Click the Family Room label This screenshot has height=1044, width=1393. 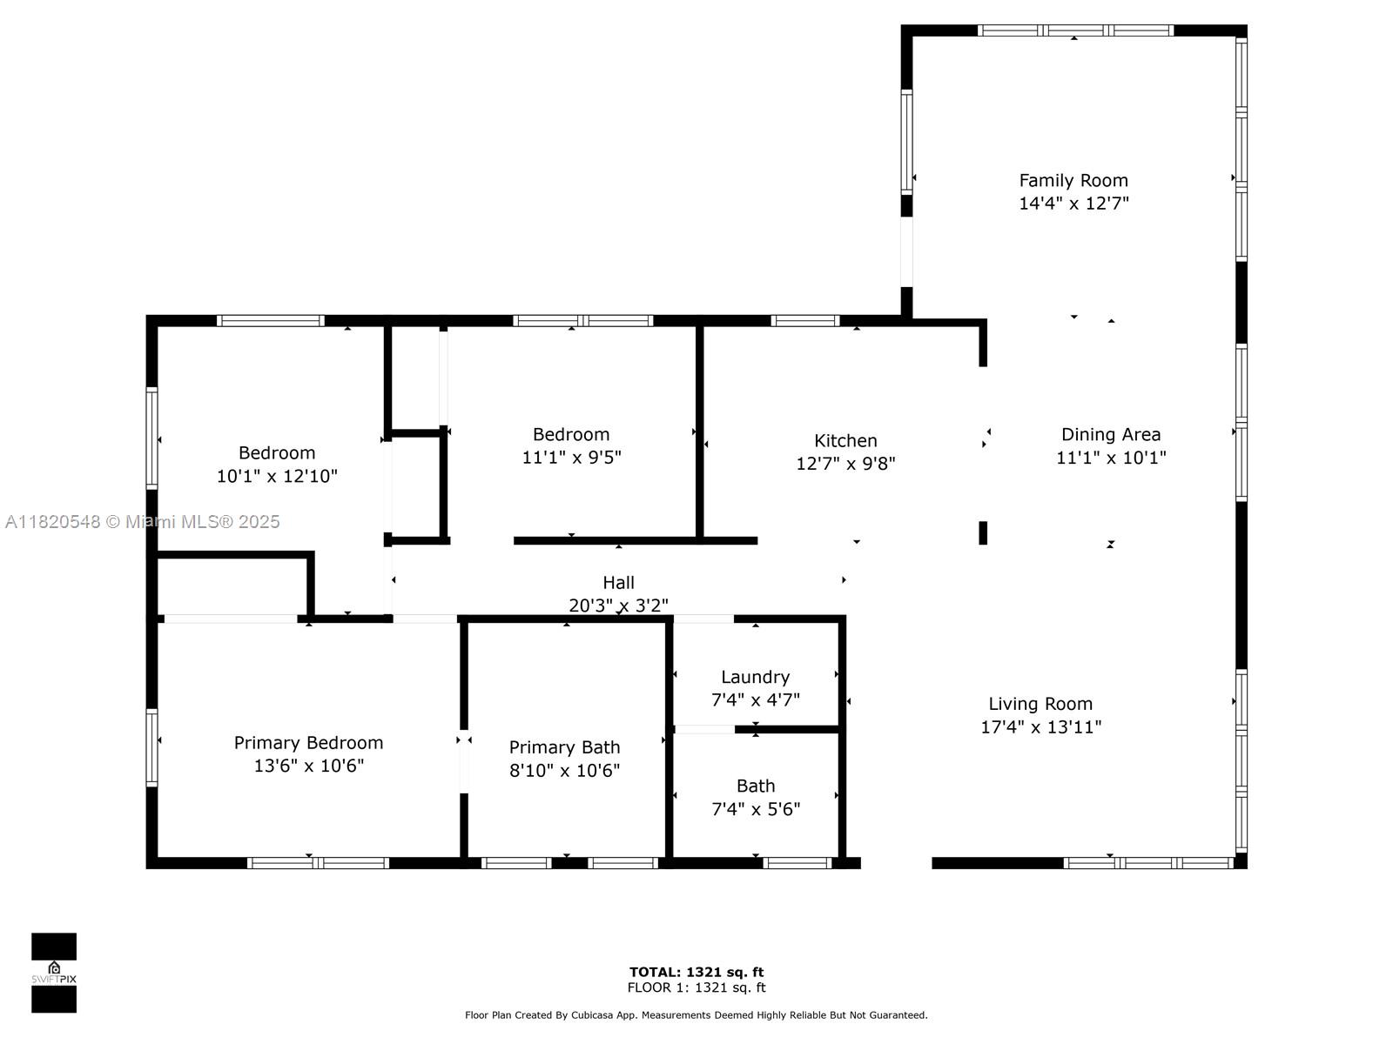pyautogui.click(x=1073, y=180)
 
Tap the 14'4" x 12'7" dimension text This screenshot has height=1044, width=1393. pyautogui.click(x=1073, y=204)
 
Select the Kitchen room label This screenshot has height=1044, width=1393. pyautogui.click(x=845, y=440)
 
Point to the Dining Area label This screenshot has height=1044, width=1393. pyautogui.click(x=1110, y=434)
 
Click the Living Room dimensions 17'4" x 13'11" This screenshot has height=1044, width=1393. pyautogui.click(x=1040, y=727)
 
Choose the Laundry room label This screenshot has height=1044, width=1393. pyautogui.click(x=755, y=677)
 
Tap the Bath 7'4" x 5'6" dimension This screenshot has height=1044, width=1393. pyautogui.click(x=756, y=809)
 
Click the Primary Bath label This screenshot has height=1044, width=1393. pyautogui.click(x=564, y=747)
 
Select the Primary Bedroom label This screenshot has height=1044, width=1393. pyautogui.click(x=308, y=742)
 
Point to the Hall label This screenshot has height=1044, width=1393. pyautogui.click(x=618, y=582)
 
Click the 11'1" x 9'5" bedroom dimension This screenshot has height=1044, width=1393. pyautogui.click(x=571, y=458)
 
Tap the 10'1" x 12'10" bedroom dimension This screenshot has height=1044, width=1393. pyautogui.click(x=277, y=476)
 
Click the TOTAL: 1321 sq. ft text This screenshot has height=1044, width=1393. pyautogui.click(x=696, y=972)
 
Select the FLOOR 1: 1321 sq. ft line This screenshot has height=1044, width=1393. pyautogui.click(x=696, y=987)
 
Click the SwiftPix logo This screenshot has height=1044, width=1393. pyautogui.click(x=54, y=973)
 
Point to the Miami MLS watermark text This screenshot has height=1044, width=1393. pyautogui.click(x=143, y=521)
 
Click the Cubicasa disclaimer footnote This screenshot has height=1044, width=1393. pyautogui.click(x=696, y=1014)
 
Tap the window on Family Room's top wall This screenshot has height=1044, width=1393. pyautogui.click(x=1074, y=30)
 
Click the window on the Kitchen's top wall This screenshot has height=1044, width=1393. pyautogui.click(x=805, y=320)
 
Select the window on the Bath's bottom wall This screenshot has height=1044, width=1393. pyautogui.click(x=797, y=863)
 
